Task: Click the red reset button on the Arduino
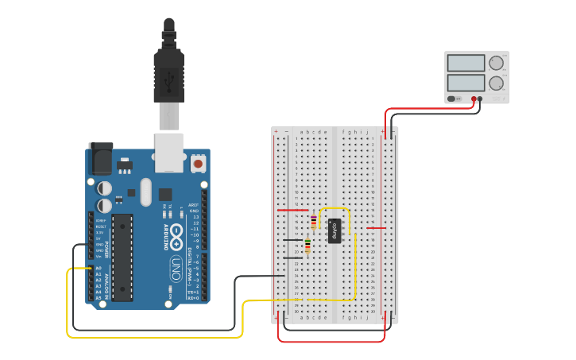(198, 164)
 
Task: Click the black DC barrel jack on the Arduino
(100, 158)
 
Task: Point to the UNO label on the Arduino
(176, 262)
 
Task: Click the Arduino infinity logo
(176, 237)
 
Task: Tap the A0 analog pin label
(99, 269)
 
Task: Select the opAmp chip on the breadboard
(334, 230)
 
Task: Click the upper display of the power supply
(466, 63)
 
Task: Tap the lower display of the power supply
(466, 83)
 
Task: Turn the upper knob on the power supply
(497, 63)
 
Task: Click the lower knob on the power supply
(497, 83)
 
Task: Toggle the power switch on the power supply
(452, 99)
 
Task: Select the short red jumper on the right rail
(376, 228)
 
